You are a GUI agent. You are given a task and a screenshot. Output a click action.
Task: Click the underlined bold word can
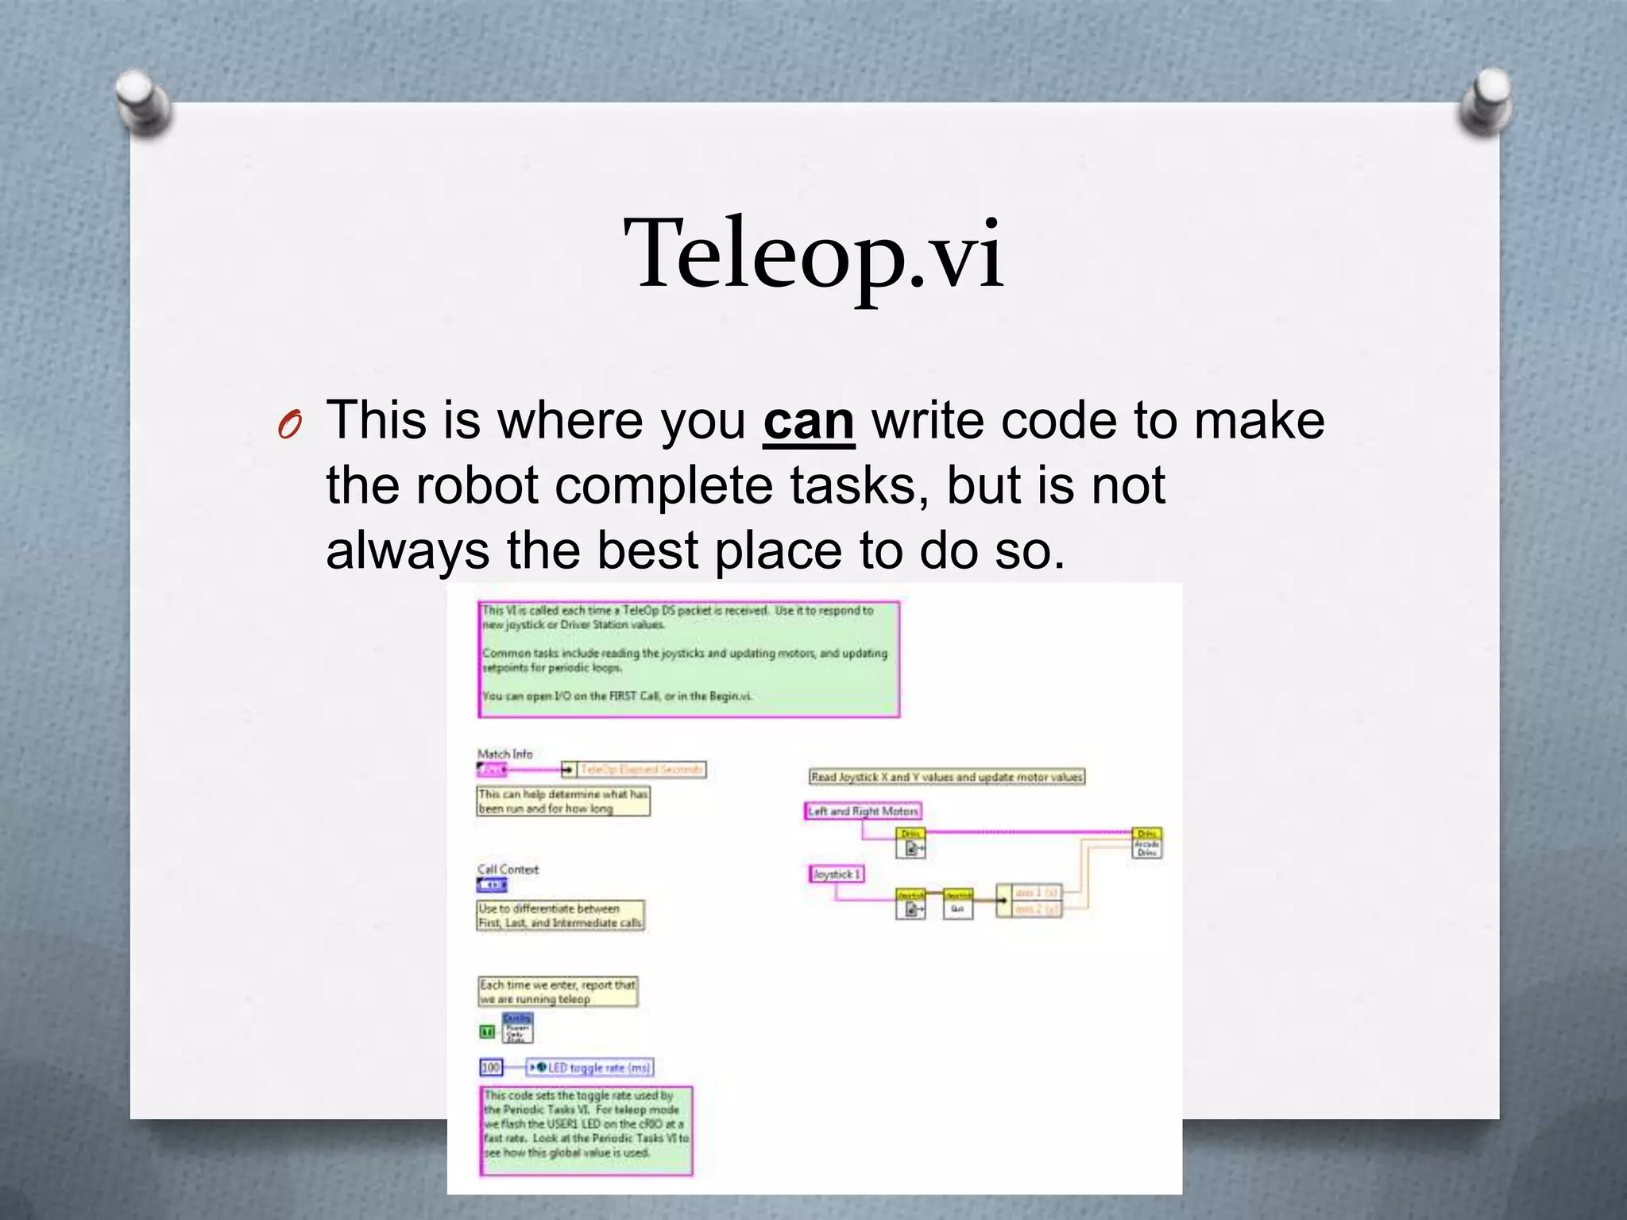[x=808, y=422]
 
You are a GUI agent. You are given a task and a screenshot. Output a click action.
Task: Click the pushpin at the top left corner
[x=143, y=103]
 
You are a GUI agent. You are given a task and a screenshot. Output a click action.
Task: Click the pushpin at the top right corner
[x=1484, y=102]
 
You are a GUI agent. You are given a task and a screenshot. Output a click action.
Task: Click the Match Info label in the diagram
[x=504, y=754]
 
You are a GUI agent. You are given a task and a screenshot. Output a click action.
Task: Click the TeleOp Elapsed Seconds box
[x=640, y=769]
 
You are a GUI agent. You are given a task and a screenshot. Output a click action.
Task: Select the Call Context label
[x=508, y=869]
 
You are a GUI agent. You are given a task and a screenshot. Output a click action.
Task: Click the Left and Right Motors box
[x=863, y=811]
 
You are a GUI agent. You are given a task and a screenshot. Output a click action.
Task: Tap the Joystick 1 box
[x=836, y=874]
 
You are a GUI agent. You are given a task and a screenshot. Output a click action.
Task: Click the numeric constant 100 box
[x=491, y=1067]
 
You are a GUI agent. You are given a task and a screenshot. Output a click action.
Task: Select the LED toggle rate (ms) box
[x=590, y=1067]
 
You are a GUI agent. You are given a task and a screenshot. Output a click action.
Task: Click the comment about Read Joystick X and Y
[x=946, y=777]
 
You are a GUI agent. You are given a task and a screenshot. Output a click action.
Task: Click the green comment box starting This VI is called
[x=689, y=659]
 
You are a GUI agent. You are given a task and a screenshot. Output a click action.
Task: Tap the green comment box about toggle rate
[x=586, y=1130]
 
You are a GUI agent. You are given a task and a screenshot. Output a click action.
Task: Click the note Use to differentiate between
[x=560, y=915]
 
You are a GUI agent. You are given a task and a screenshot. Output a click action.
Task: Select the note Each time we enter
[x=557, y=991]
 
